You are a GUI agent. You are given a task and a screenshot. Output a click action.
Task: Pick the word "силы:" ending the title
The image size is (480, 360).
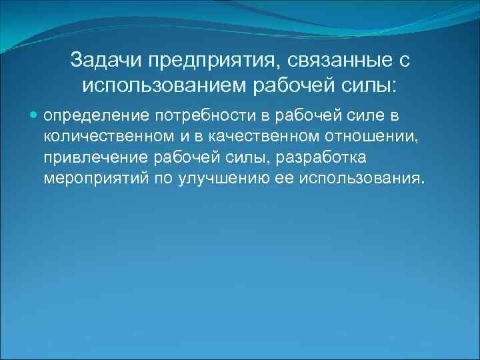point(371,85)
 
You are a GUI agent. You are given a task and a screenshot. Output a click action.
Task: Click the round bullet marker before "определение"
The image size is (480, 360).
point(35,116)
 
